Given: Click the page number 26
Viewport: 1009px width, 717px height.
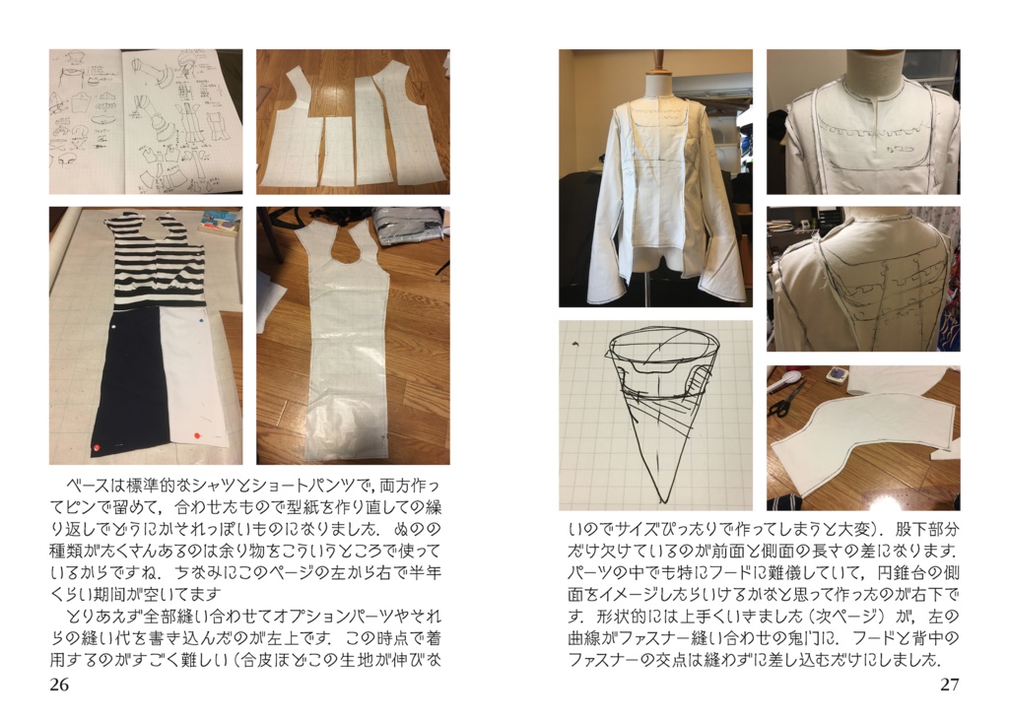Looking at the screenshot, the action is pyautogui.click(x=58, y=684).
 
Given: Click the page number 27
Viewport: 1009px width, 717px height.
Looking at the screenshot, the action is pyautogui.click(x=950, y=684).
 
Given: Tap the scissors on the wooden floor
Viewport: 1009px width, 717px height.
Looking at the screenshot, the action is pyautogui.click(x=786, y=399).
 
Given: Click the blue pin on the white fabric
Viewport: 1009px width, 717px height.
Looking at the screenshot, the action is pyautogui.click(x=202, y=319).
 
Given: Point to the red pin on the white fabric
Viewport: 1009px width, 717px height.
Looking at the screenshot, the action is pyautogui.click(x=194, y=435).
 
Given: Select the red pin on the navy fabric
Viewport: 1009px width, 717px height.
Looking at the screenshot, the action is pyautogui.click(x=97, y=447).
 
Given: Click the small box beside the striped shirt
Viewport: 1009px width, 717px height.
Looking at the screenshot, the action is pyautogui.click(x=219, y=222).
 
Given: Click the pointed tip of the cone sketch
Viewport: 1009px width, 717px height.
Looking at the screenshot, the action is pyautogui.click(x=663, y=499).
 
